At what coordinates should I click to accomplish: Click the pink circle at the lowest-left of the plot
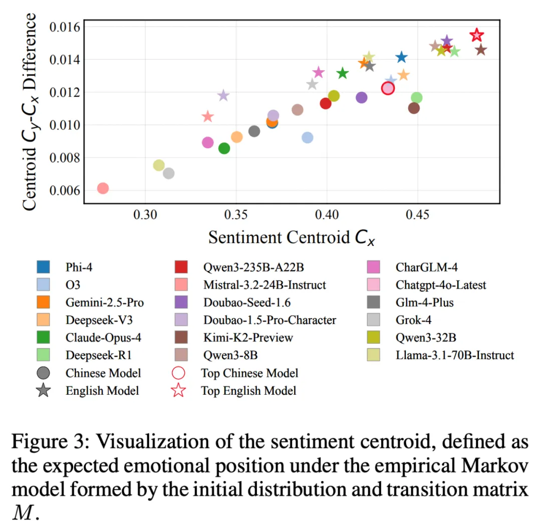103,188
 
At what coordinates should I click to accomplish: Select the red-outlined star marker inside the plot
476,35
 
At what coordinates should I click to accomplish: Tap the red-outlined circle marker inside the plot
388,88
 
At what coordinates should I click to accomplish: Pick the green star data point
343,73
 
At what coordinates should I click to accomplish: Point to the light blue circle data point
308,137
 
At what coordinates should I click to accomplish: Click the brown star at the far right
481,50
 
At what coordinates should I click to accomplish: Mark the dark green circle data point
224,148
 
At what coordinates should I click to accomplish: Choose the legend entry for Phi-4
79,267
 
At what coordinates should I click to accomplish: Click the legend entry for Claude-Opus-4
103,338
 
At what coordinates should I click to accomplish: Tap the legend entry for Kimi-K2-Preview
248,338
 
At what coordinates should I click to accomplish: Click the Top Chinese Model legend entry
249,373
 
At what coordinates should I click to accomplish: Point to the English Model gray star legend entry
102,391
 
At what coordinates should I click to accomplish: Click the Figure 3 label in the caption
49,443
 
